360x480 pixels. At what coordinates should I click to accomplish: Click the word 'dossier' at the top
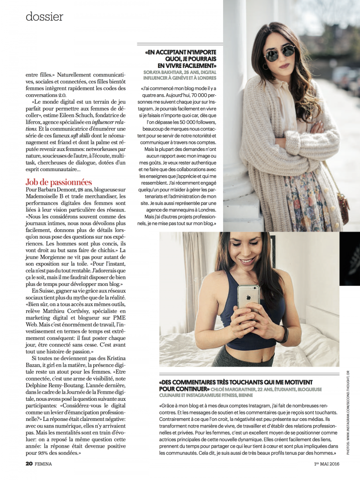pyautogui.click(x=45, y=17)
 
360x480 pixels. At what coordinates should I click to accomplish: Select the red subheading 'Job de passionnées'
pyautogui.click(x=59, y=182)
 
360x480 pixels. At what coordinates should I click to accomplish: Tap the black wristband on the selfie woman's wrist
pyautogui.click(x=285, y=333)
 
